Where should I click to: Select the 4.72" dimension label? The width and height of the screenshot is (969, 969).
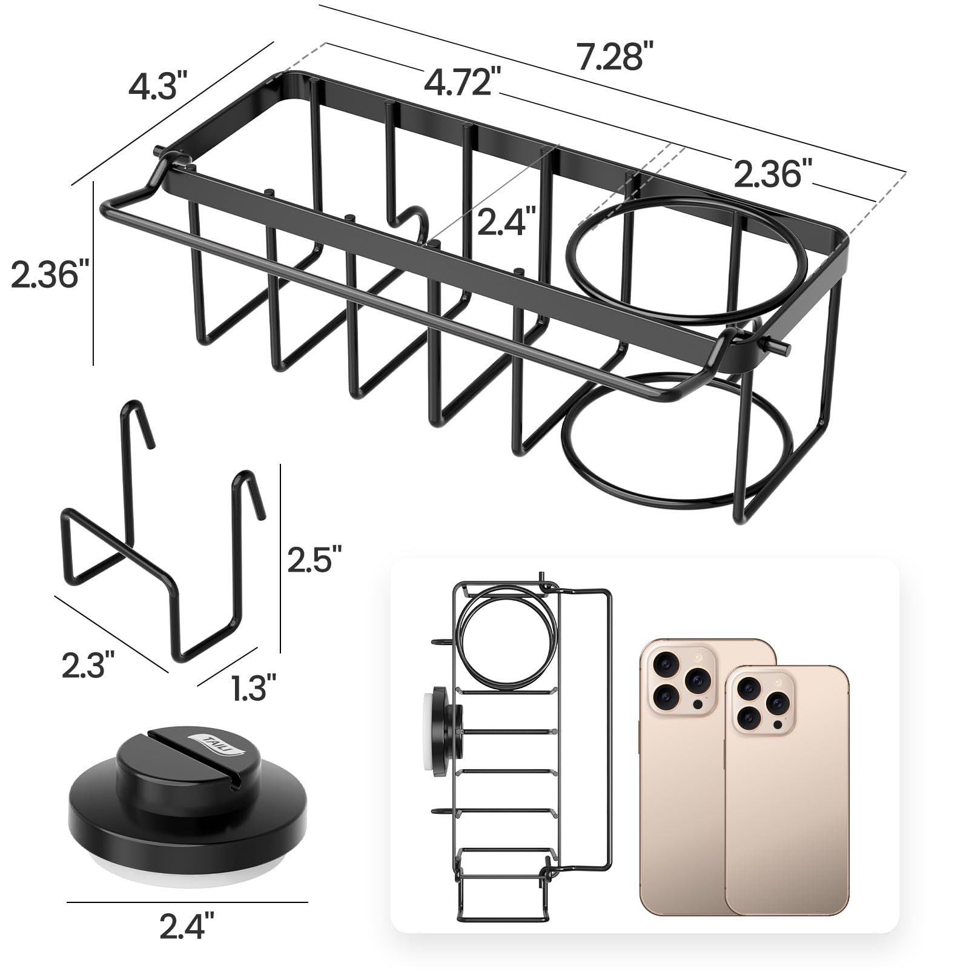462,82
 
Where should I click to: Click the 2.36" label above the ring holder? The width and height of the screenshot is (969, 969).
772,174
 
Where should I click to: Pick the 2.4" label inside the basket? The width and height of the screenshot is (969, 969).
506,221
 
